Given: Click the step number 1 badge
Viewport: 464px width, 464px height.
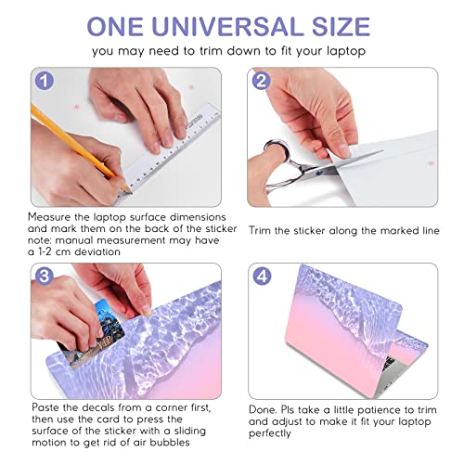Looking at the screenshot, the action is point(45,81).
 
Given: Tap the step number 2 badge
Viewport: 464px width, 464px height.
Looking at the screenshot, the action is point(262,81).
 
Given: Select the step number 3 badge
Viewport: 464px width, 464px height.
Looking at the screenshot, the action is point(45,276).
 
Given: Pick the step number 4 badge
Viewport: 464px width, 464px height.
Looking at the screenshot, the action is point(263,276).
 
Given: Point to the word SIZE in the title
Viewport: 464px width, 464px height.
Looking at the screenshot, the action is point(341,27).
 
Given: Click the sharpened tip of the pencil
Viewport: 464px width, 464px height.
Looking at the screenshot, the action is point(129,190).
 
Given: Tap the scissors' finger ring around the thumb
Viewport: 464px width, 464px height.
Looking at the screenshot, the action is point(277,151).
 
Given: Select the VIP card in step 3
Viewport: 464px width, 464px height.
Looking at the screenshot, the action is point(92,334).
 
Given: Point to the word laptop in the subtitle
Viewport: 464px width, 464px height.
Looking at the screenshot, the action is point(346,51).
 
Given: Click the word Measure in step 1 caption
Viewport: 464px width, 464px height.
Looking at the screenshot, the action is point(49,217).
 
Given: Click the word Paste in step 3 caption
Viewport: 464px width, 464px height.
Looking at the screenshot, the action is point(45,407).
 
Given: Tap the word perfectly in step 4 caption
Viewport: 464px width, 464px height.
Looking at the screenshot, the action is point(270,433).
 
